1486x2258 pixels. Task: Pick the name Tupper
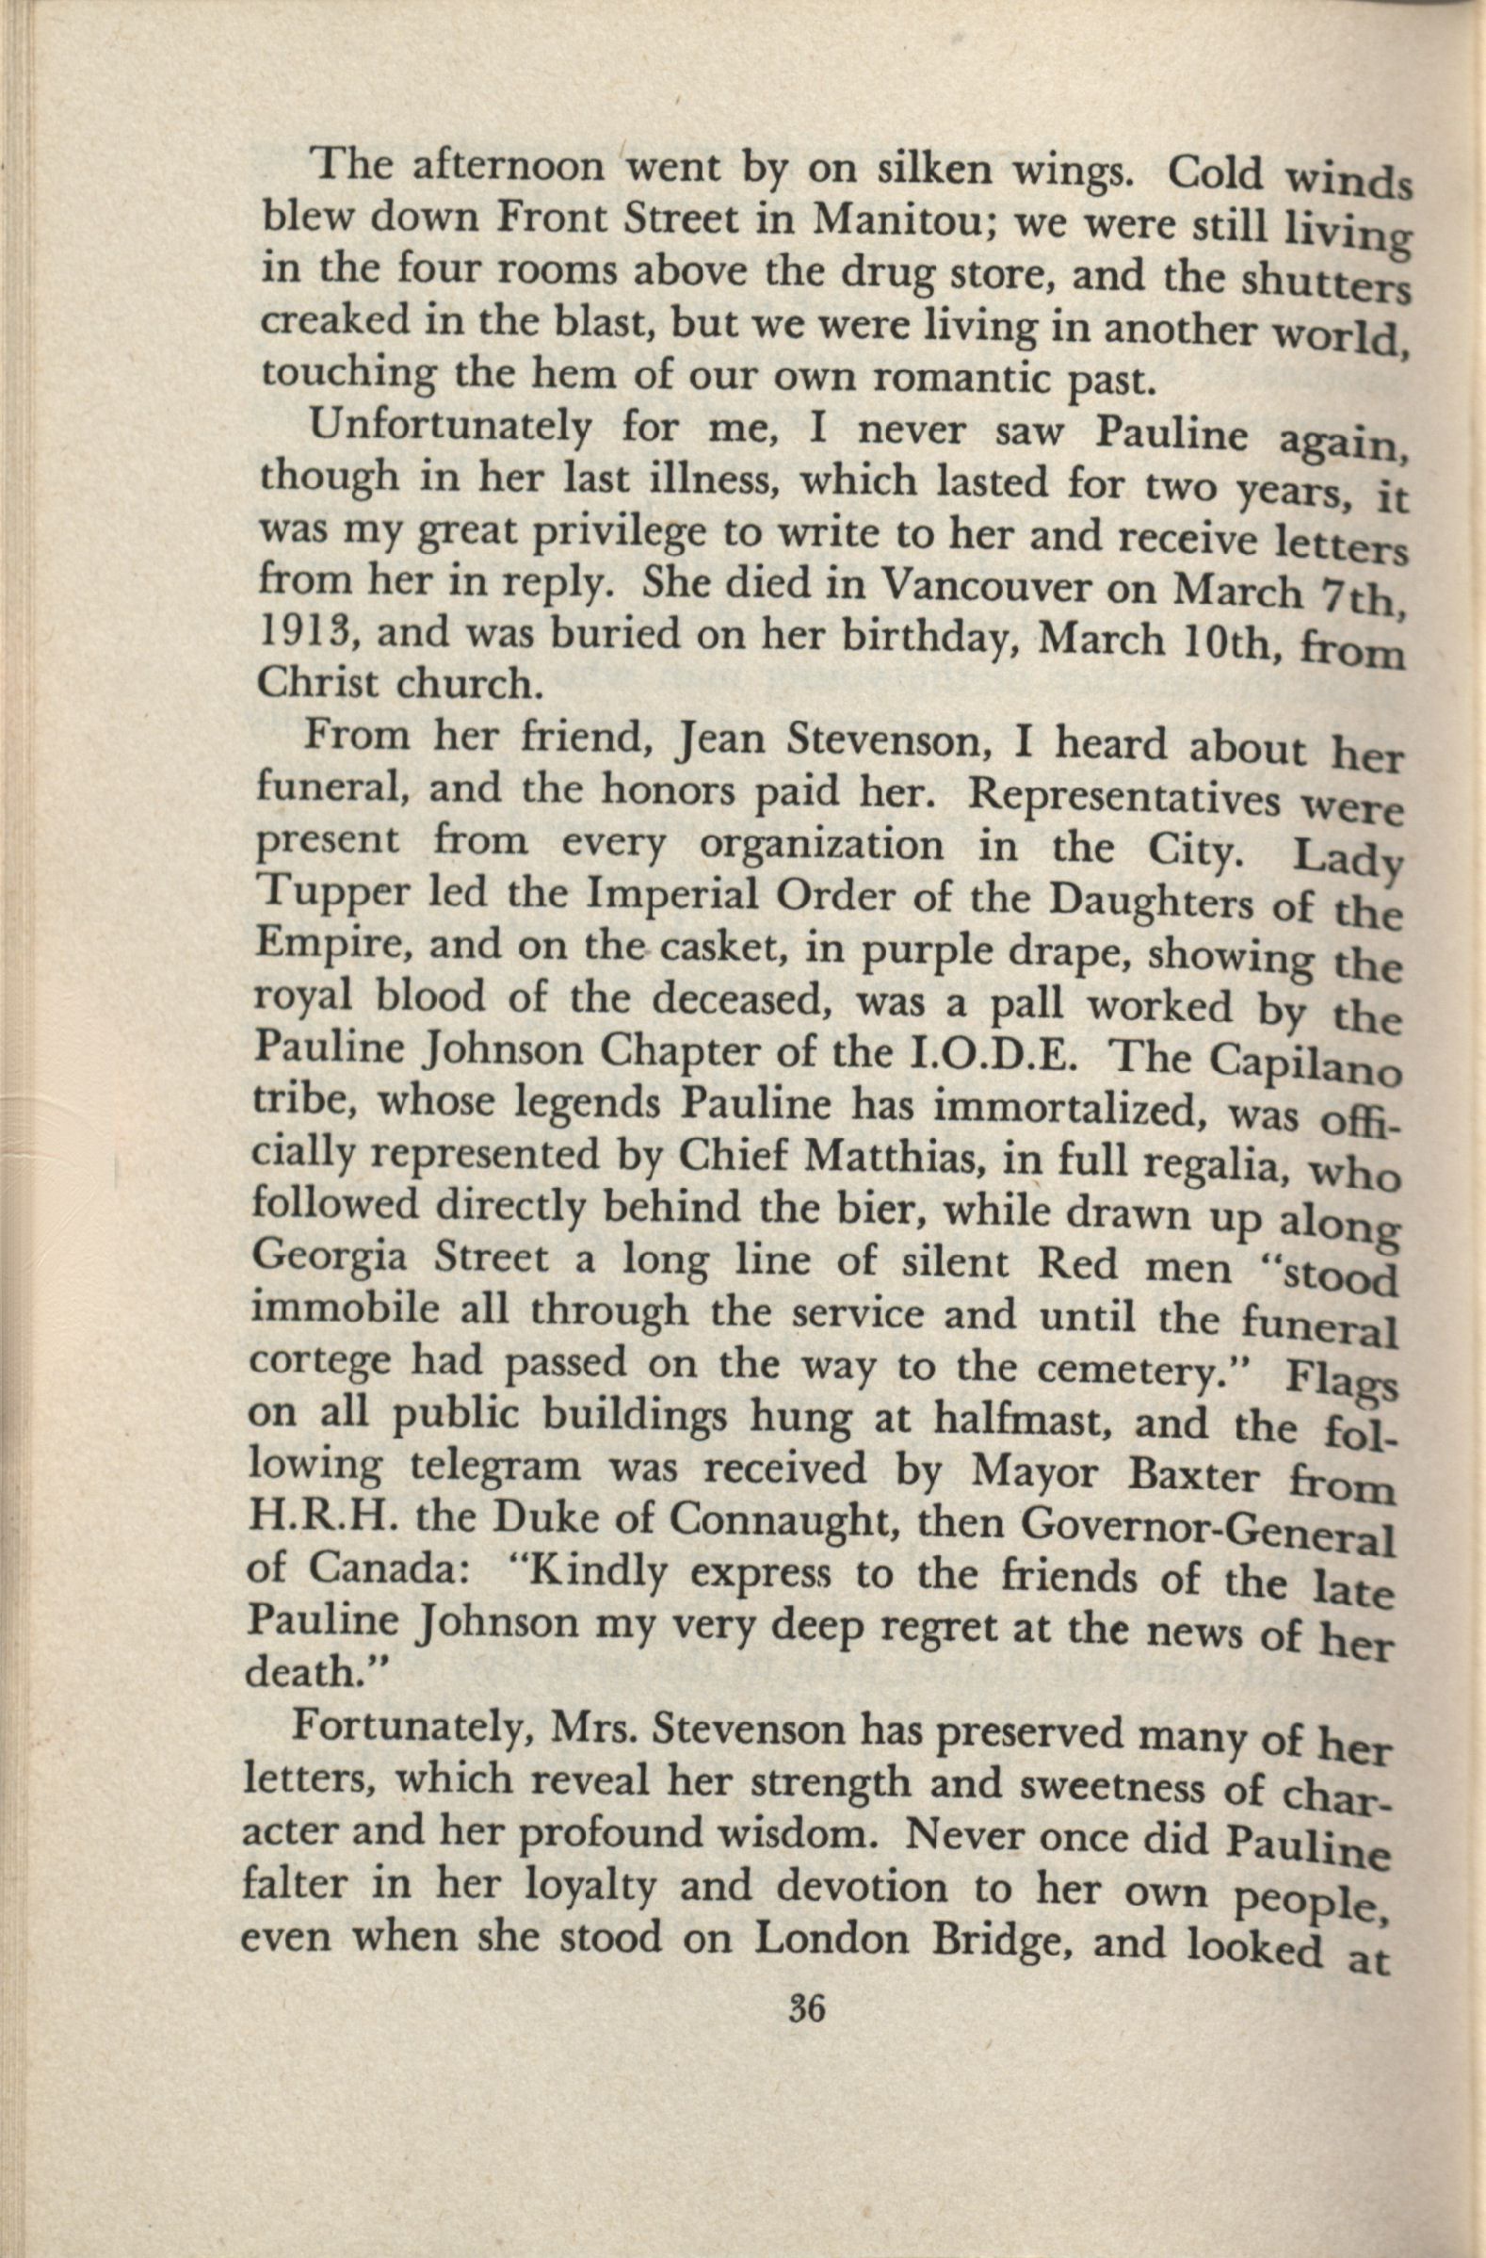(x=323, y=897)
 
